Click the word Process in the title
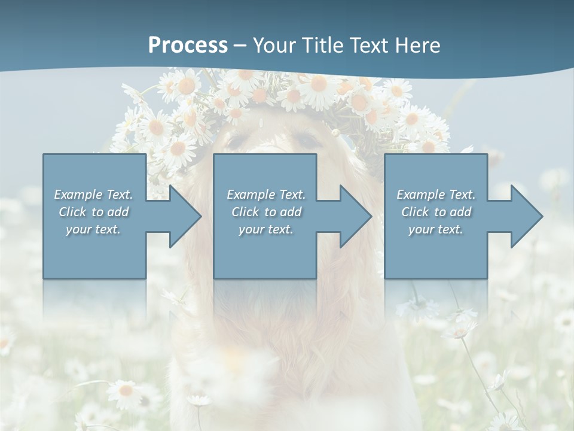click(188, 45)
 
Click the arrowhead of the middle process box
click(355, 216)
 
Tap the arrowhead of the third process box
click(526, 216)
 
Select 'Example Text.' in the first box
click(93, 195)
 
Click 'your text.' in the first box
click(93, 229)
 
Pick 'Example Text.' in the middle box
click(266, 195)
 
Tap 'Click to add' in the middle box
click(266, 212)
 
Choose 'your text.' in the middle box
click(266, 229)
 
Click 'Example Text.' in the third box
click(436, 195)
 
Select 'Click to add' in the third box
click(436, 212)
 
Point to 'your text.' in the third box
click(436, 229)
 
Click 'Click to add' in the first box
click(93, 212)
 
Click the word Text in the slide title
click(366, 45)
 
